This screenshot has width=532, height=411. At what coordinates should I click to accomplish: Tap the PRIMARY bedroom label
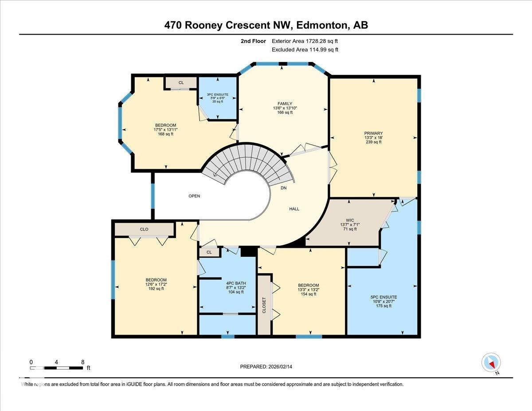pos(373,133)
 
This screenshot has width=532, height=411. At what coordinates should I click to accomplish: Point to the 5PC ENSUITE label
pos(383,297)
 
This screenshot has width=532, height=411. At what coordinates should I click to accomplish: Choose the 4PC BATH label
pos(236,283)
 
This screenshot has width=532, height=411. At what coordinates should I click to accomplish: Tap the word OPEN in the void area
pos(194,196)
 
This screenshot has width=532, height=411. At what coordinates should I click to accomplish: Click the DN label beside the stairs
pos(284,188)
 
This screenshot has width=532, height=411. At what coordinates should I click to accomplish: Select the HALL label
pos(294,209)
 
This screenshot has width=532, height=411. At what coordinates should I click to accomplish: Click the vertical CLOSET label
pos(264,305)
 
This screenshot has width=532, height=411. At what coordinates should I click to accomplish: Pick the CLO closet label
pos(144,229)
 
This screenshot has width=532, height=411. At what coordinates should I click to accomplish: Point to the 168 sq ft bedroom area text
pos(165,134)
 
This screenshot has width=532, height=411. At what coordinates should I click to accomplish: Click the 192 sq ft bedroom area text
pos(156,289)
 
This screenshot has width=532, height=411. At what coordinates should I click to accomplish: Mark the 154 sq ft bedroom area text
pos(308,294)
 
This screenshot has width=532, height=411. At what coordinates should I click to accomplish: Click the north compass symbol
pos(491,363)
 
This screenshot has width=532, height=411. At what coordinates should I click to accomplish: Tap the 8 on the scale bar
pos(82,362)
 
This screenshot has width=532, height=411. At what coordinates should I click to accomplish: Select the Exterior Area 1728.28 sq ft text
pos(305,41)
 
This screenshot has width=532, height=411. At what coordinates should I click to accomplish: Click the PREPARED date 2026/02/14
pos(278,367)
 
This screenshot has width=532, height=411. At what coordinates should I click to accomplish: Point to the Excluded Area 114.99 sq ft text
pos(305,50)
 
